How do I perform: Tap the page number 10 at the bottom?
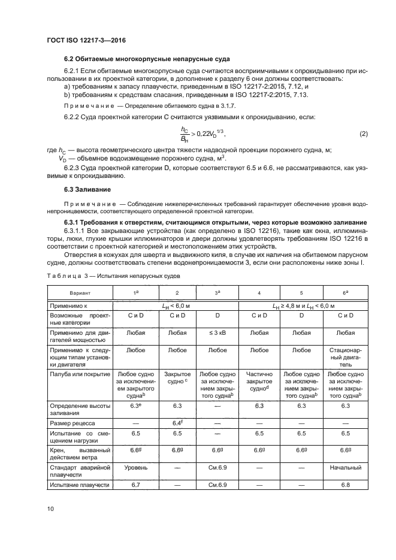pos(50,508)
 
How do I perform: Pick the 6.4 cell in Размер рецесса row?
pos(177,423)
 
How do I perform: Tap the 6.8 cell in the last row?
pos(343,485)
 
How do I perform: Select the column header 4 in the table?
pos(259,293)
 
